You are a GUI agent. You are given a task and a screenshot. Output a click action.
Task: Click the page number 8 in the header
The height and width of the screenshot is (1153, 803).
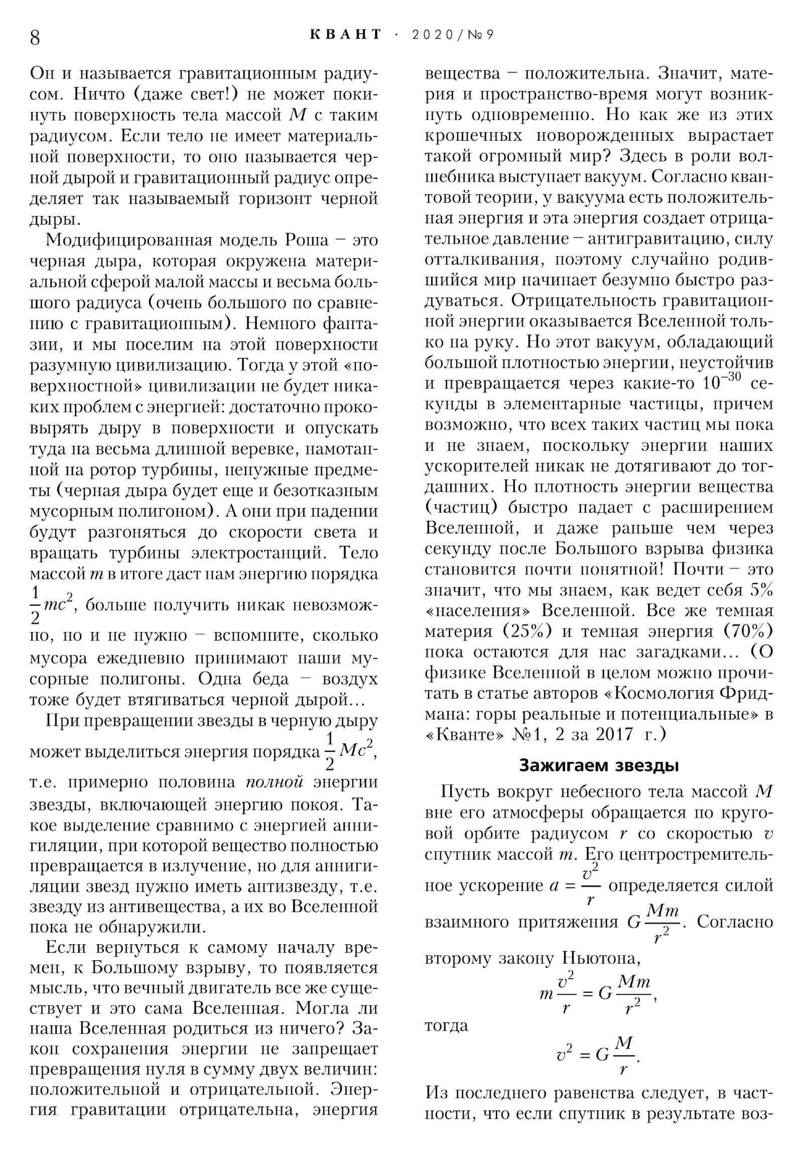tap(35, 37)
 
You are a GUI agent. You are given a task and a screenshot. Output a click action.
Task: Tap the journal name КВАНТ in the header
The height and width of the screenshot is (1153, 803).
tap(345, 35)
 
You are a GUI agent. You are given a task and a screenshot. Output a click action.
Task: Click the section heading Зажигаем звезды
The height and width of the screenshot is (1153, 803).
tap(599, 765)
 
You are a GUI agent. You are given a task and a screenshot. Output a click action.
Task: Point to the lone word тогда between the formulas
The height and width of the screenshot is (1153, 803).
tap(446, 1025)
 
